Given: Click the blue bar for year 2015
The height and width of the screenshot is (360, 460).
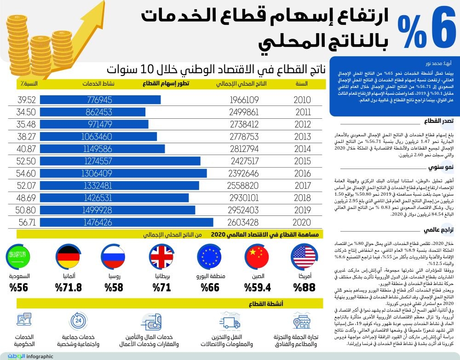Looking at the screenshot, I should click(120, 161).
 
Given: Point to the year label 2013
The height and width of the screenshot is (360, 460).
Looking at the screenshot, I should click(302, 137).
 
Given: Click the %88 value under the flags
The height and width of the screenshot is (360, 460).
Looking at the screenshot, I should click(303, 289).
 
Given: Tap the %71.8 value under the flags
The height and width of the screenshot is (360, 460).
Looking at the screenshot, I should click(68, 289).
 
